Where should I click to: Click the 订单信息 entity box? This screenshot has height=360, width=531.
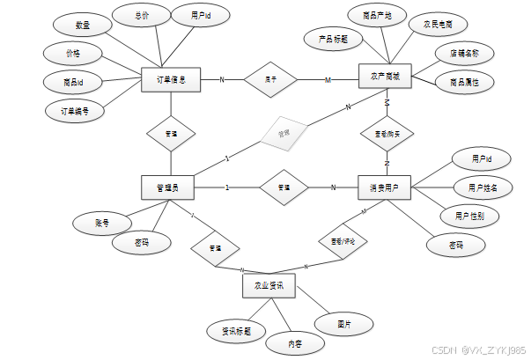[x=172, y=79]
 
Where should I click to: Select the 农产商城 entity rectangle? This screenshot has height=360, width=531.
[x=386, y=77]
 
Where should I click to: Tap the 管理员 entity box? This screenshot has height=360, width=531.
[x=167, y=187]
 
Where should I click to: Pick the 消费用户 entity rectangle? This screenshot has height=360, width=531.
[x=386, y=187]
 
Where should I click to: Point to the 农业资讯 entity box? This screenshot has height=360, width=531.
[x=269, y=286]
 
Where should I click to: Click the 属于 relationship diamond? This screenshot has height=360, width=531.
[x=271, y=79]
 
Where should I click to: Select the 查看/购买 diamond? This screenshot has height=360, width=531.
[x=387, y=133]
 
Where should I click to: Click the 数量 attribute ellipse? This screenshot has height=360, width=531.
[x=81, y=26]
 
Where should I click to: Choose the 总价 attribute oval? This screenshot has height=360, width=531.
[x=142, y=17]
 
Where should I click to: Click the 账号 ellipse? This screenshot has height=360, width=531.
[x=102, y=224]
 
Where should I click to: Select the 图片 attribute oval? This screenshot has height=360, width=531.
[x=344, y=325]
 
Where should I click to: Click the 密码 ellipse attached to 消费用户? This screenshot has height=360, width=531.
[x=454, y=246]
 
